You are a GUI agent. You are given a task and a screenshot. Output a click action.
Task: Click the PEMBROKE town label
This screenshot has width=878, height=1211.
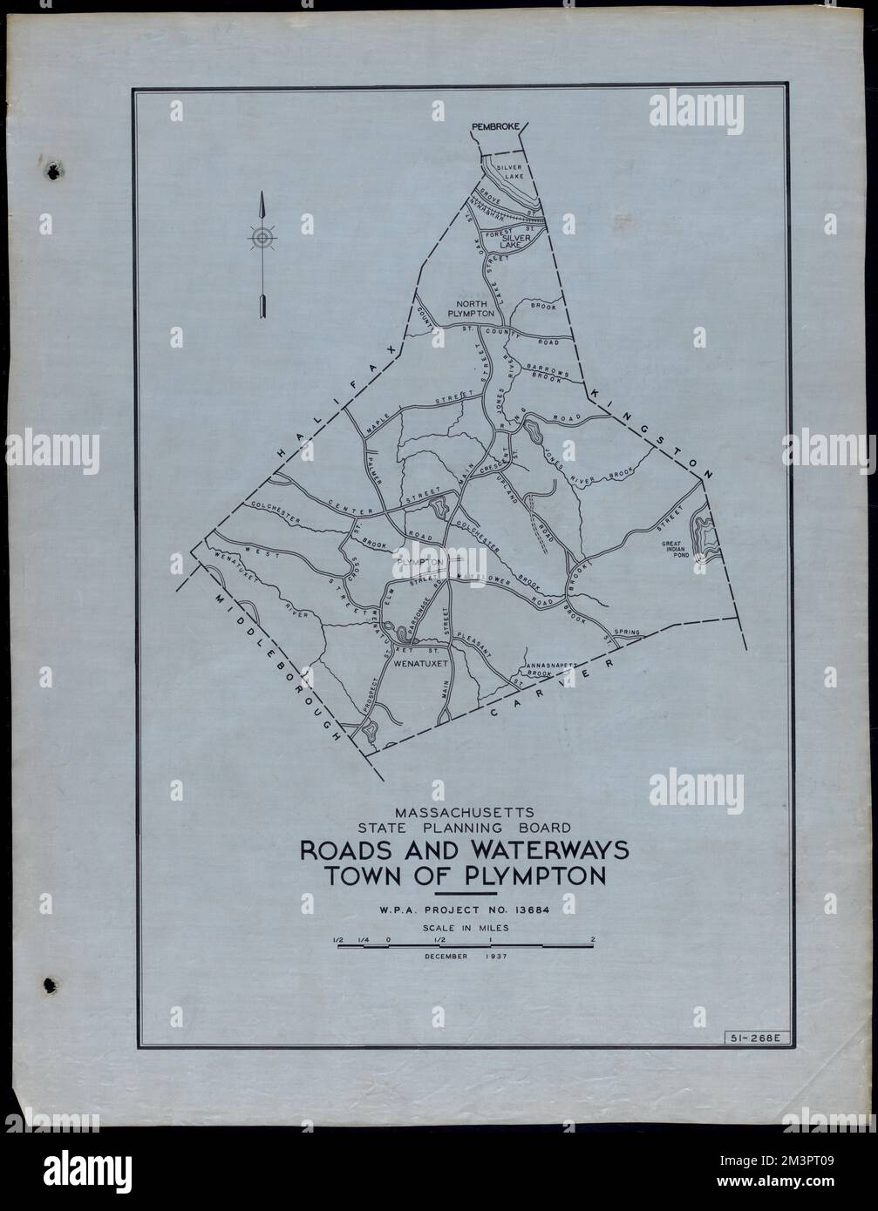click(495, 127)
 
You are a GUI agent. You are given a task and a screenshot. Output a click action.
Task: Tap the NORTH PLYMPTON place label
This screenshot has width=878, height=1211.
click(471, 307)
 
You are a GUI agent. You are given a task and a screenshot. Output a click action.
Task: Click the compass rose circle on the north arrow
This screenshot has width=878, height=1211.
click(262, 237)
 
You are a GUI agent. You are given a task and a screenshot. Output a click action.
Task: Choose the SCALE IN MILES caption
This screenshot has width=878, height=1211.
click(465, 928)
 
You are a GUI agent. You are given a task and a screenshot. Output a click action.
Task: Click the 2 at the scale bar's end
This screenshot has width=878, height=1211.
click(593, 939)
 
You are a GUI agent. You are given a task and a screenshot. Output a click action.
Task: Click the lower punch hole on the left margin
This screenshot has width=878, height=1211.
click(51, 984)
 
